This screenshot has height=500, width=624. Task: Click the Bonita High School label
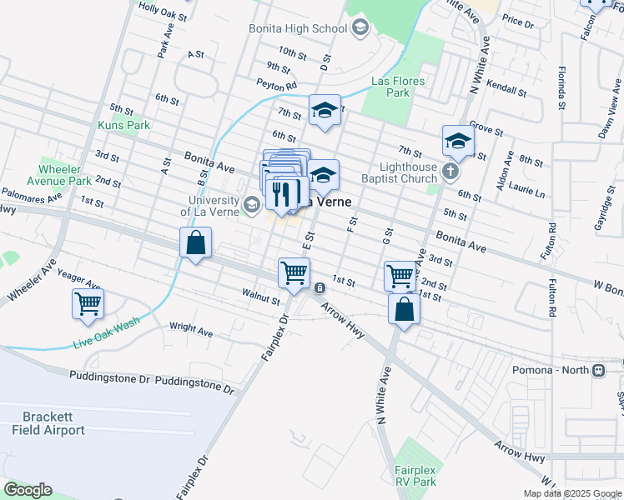tap(298, 28)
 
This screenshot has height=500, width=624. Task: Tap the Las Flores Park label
tap(398, 87)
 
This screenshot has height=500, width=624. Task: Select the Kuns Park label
tap(123, 125)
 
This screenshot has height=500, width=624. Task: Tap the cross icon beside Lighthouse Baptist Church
tap(450, 172)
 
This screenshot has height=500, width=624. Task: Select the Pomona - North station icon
tap(597, 370)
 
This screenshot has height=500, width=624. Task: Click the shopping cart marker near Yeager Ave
tap(88, 304)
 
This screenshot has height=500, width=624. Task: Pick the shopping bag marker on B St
tap(195, 244)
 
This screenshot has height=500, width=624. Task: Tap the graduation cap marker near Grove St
tap(458, 141)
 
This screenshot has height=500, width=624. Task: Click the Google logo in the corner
tap(28, 490)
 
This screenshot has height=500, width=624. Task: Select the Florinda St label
tap(562, 88)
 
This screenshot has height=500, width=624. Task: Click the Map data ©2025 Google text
tap(571, 493)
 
